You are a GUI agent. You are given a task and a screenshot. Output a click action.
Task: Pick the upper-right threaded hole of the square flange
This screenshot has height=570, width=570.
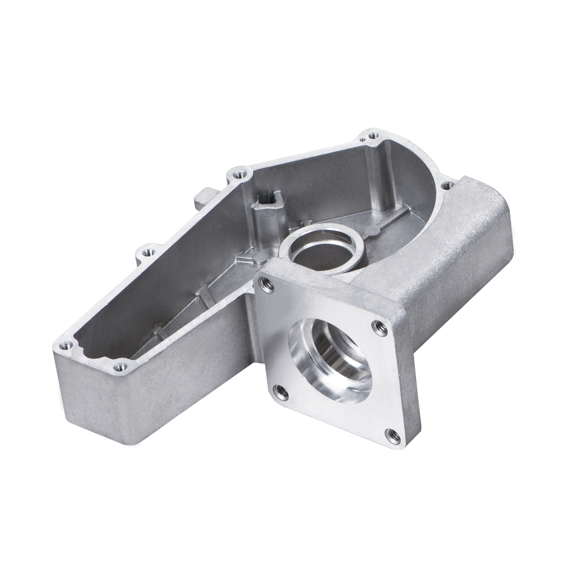380,327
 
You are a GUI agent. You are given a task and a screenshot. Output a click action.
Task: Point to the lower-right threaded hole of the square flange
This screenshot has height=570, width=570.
393,435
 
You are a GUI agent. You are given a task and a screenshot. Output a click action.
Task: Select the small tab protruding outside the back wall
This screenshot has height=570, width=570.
201,197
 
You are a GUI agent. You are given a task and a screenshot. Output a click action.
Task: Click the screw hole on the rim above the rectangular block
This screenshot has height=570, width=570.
447,186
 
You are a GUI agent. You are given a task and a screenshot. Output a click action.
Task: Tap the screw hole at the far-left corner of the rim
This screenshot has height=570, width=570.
64,345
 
